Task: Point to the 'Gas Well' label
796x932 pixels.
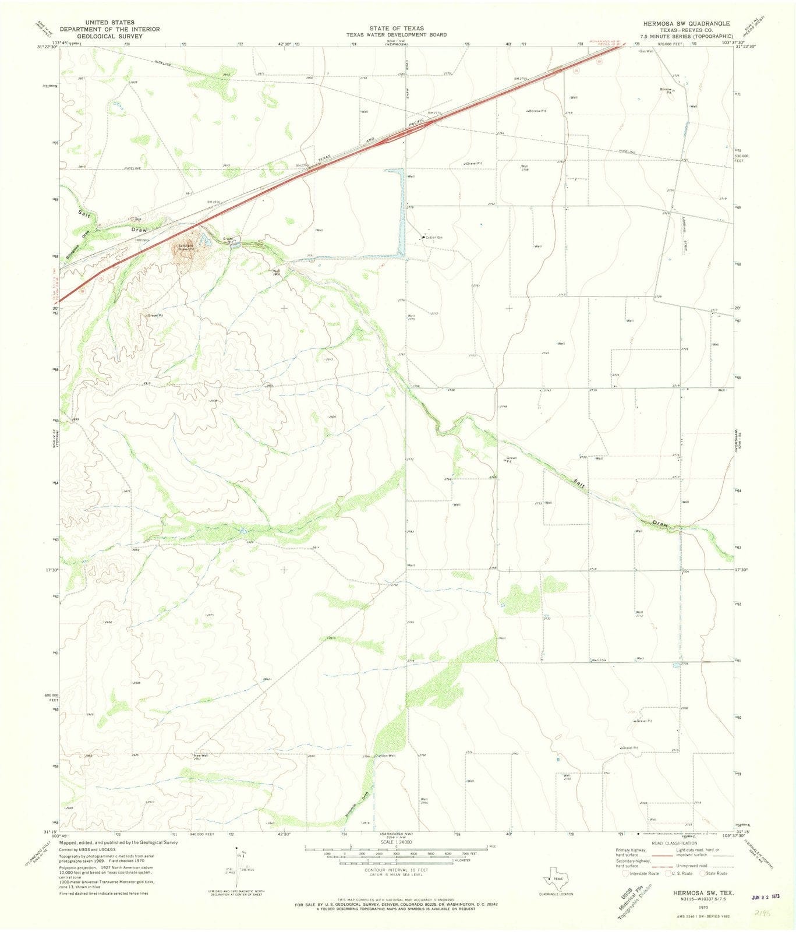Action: click(x=646, y=51)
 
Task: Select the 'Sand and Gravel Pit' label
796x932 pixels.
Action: click(x=185, y=248)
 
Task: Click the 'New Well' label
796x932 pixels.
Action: click(x=200, y=756)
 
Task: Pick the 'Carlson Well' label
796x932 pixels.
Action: click(x=385, y=756)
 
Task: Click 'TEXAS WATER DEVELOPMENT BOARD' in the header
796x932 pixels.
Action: click(x=397, y=35)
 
